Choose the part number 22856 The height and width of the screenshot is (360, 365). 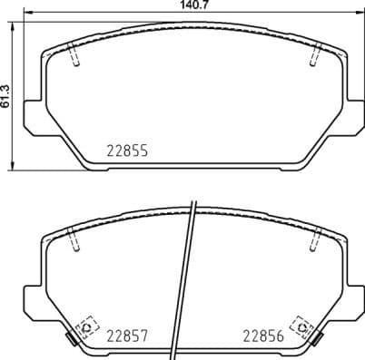262,335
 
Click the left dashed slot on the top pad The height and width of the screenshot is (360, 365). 76,55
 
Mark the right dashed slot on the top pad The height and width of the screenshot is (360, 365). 314,55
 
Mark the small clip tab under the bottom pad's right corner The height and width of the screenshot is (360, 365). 318,342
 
